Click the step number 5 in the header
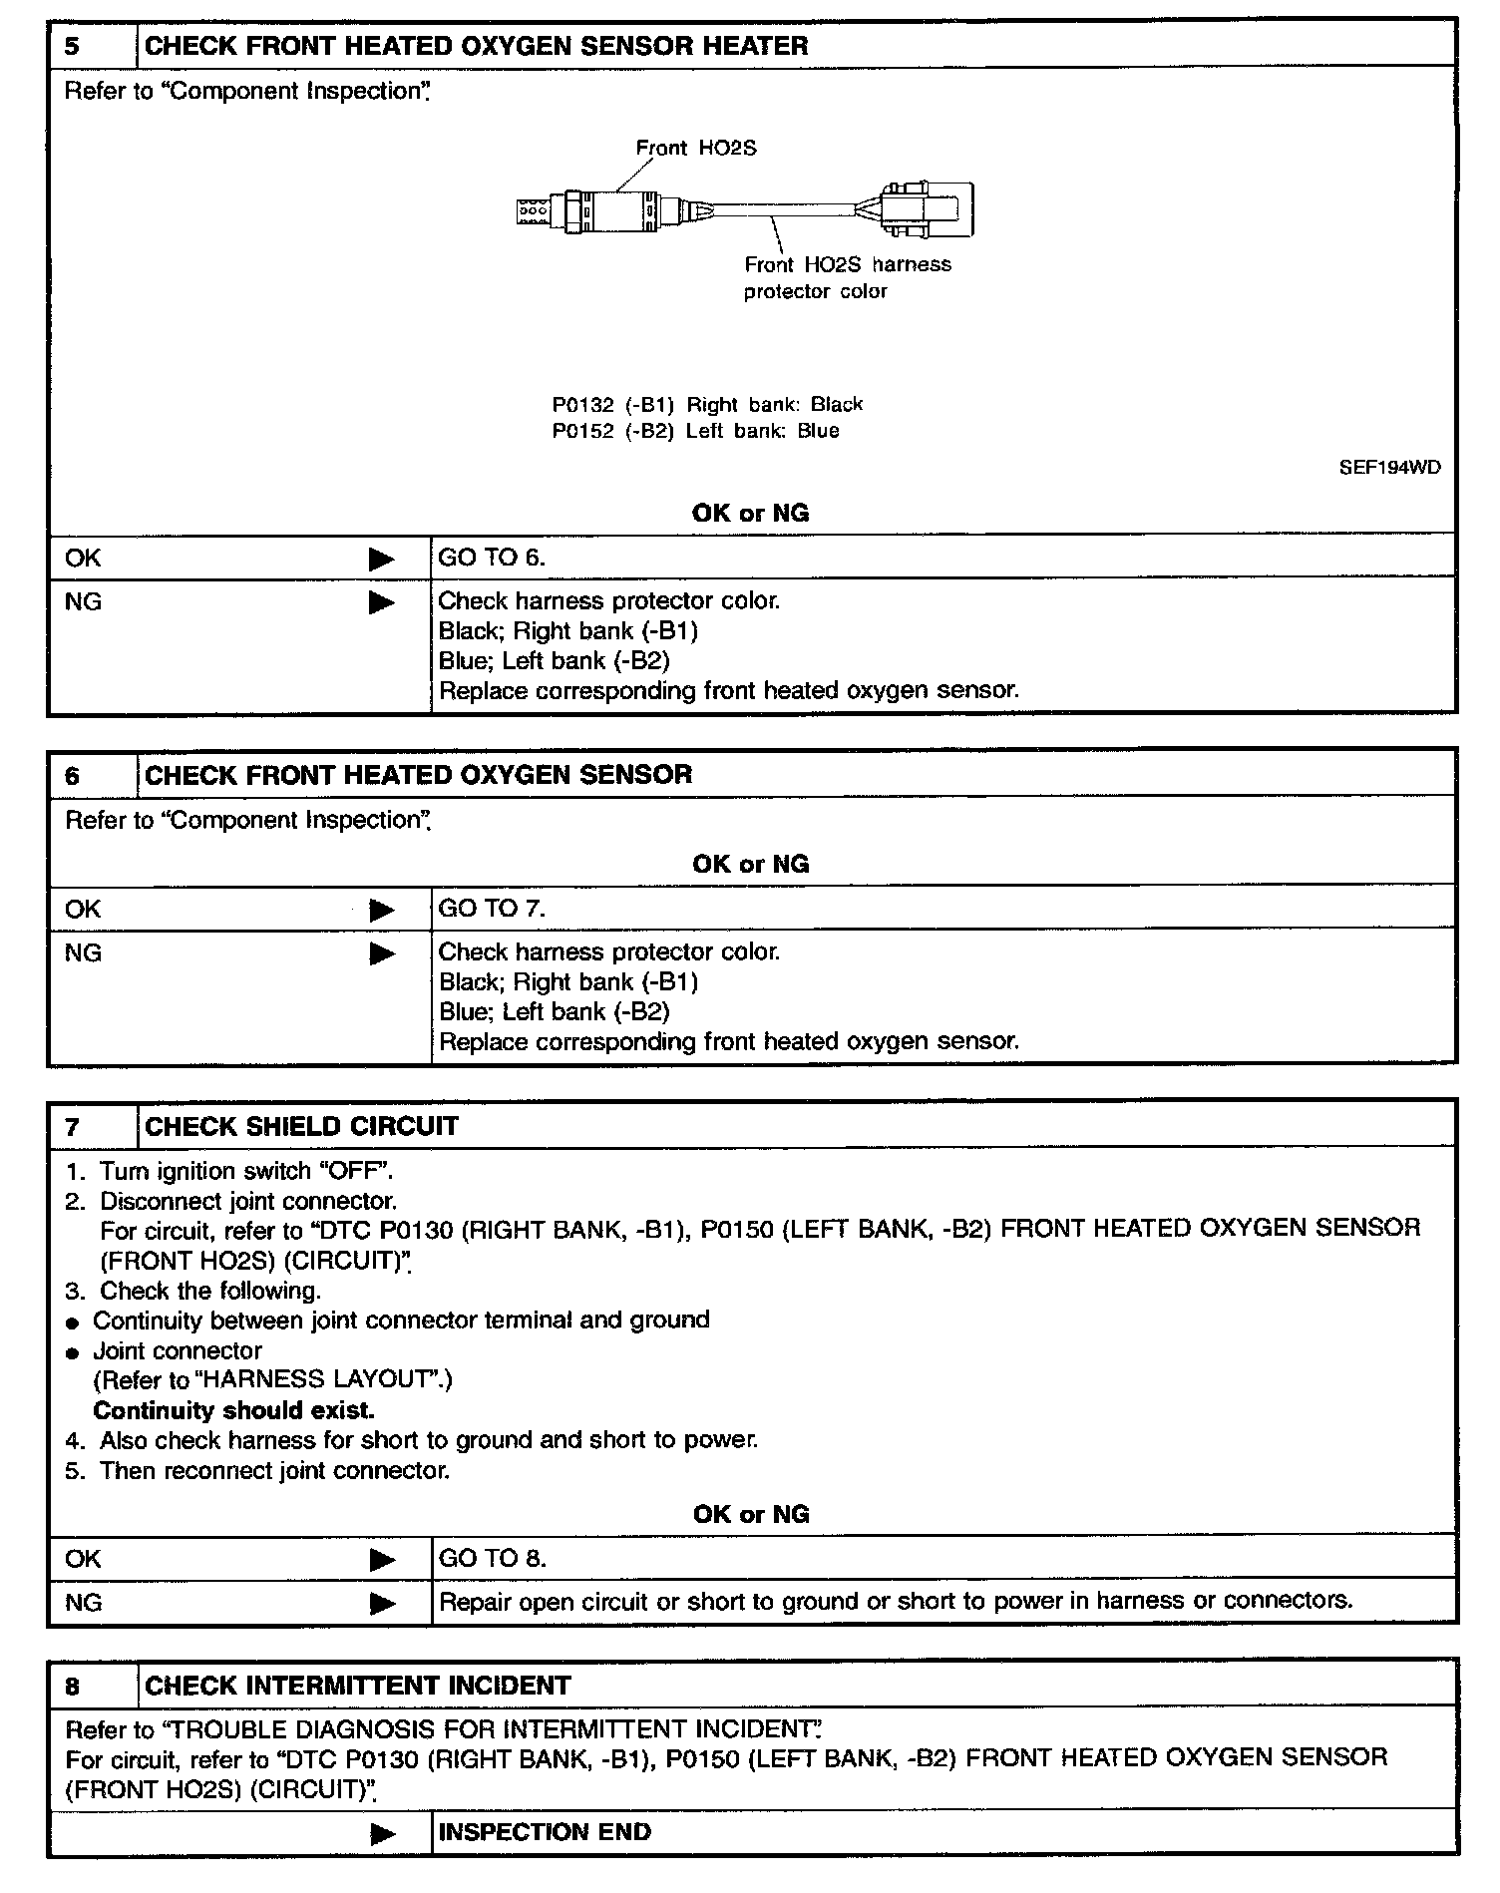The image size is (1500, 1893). (73, 46)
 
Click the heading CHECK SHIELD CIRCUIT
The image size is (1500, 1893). (301, 1126)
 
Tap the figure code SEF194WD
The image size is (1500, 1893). (1389, 468)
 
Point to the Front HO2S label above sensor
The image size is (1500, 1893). (696, 149)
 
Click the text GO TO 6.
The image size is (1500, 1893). (492, 558)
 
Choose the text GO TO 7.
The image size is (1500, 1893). (492, 909)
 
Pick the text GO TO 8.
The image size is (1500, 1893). (492, 1559)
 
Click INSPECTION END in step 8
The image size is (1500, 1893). (545, 1832)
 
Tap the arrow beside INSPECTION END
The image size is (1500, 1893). (382, 1833)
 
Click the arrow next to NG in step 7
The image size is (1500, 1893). (382, 1604)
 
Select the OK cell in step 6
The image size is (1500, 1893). (83, 909)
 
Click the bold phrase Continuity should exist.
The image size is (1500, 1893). (233, 1410)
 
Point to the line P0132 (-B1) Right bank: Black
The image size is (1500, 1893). (707, 405)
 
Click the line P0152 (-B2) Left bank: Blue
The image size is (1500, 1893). (695, 432)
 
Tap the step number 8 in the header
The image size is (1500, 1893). (73, 1686)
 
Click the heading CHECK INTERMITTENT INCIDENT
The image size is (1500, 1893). (357, 1686)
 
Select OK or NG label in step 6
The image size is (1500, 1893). (750, 864)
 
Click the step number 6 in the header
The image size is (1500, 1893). (73, 775)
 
